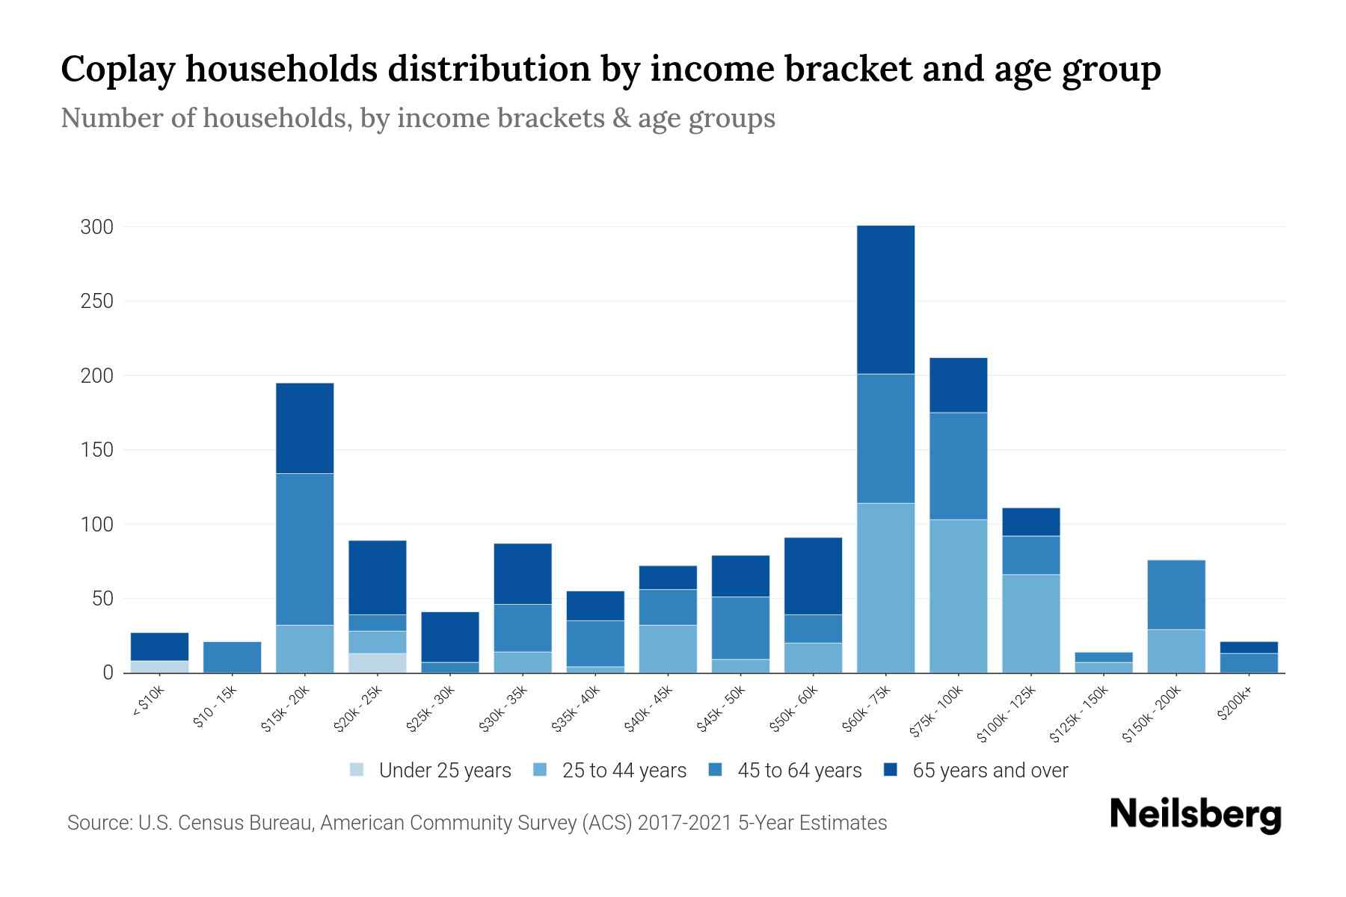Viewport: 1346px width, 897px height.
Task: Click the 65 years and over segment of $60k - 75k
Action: pos(885,299)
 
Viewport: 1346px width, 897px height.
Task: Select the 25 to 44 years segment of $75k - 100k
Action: pos(958,596)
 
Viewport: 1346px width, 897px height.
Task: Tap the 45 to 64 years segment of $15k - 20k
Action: pos(304,549)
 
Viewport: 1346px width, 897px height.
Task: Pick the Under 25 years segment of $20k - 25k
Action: pos(377,663)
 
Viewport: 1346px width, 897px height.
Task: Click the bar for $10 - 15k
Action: pos(232,657)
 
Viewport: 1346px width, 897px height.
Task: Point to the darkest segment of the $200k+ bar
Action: pos(1249,647)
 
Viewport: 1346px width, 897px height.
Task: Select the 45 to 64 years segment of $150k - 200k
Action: pos(1176,594)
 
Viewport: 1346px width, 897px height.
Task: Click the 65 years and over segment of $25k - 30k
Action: pos(450,637)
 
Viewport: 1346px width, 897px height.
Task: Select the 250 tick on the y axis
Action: pos(97,301)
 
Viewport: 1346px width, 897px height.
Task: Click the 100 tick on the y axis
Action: pos(97,525)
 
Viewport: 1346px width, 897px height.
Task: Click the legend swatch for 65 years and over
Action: pos(891,770)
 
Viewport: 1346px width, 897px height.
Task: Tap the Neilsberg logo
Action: pos(1195,815)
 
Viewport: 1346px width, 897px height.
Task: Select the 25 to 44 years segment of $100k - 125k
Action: pos(1030,623)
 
